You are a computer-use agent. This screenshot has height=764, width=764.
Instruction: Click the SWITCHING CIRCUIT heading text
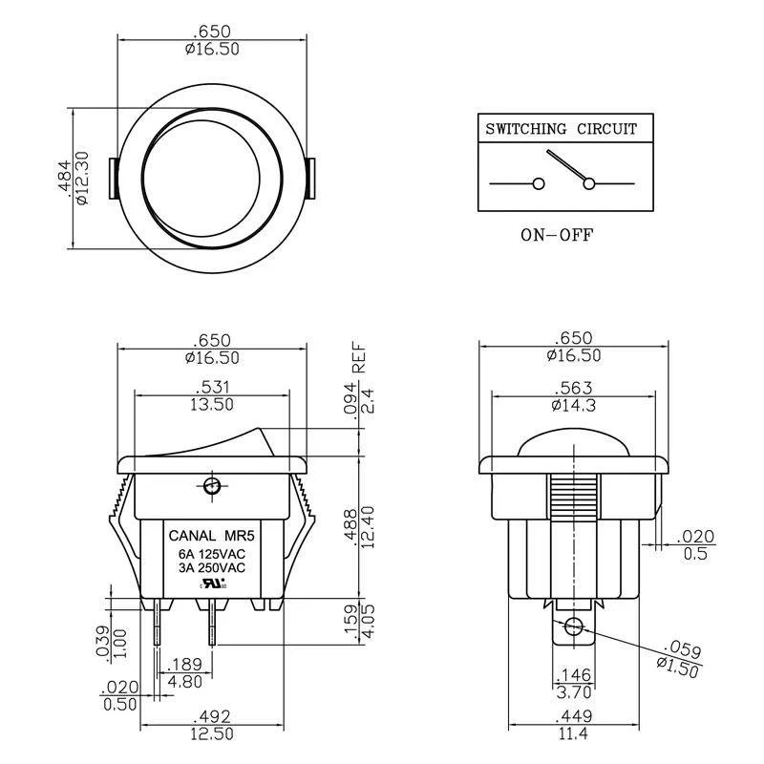click(x=561, y=129)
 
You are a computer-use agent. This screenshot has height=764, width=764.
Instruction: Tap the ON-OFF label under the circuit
click(x=557, y=235)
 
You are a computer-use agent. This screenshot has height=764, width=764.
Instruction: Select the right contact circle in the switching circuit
click(x=588, y=183)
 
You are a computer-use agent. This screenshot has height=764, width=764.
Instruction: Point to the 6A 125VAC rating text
click(x=207, y=553)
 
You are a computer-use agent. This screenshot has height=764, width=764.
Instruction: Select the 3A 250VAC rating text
click(x=207, y=568)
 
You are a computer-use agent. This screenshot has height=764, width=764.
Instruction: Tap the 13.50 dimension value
click(x=213, y=404)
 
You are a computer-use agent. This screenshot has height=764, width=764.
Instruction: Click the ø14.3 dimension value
click(x=572, y=404)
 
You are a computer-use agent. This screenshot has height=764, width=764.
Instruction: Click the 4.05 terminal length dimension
click(x=367, y=622)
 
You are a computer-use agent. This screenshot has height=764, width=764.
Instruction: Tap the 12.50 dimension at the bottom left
click(x=213, y=732)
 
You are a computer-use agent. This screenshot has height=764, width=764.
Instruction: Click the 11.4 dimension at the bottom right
click(x=570, y=732)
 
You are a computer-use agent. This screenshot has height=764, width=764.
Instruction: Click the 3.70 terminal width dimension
click(x=570, y=691)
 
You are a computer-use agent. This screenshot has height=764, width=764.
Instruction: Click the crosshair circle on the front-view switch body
click(x=212, y=487)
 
